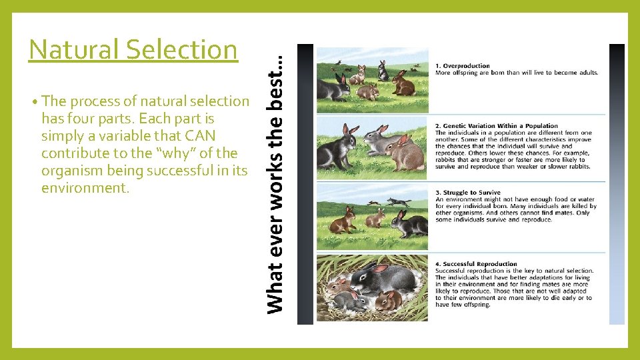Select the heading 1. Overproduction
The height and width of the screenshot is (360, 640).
(462, 66)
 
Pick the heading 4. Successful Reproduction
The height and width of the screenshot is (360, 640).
(476, 264)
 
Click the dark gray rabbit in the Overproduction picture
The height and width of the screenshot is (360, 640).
(333, 87)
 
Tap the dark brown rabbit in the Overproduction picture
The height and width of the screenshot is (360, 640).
(403, 84)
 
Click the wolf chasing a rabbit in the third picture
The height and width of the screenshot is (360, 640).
(399, 201)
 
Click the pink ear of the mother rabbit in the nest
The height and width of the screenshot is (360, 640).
(381, 268)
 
